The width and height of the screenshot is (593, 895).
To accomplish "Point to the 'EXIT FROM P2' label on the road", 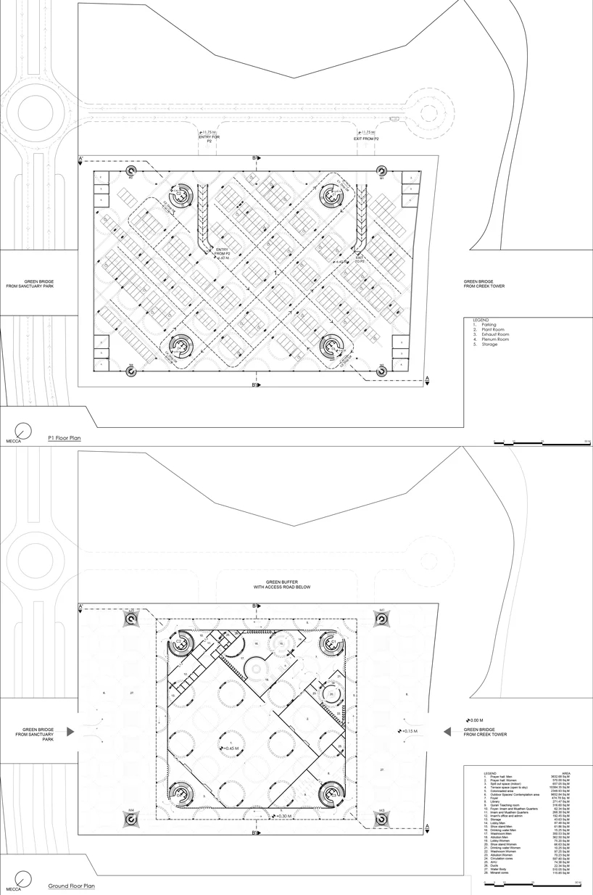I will pos(367,138).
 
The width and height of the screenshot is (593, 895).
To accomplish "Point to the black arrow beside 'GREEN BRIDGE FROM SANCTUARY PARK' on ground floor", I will pos(71,732).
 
